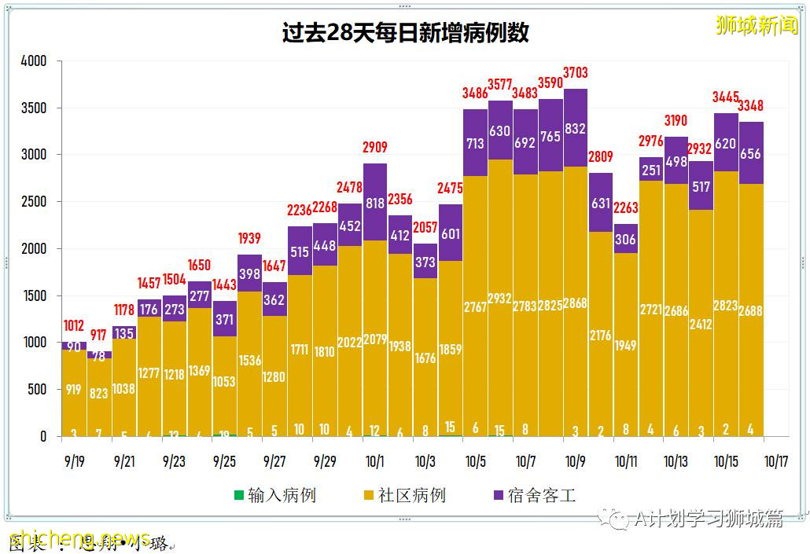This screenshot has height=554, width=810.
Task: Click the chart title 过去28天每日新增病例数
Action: point(405,33)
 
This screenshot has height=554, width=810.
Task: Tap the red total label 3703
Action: point(575,73)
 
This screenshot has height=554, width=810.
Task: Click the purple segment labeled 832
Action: point(575,129)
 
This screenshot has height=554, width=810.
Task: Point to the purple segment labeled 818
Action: point(375,203)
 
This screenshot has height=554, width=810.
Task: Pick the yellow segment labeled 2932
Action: point(500,299)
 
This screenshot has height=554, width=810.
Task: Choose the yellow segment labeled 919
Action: point(74,389)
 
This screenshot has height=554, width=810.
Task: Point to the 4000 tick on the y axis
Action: point(34,61)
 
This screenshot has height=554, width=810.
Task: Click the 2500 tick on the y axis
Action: point(34,202)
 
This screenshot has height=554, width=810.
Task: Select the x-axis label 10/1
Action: point(375,461)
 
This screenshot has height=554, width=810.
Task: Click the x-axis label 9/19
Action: point(74,461)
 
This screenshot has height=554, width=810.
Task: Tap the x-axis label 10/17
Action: point(776,461)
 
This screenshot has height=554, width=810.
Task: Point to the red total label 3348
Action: point(750,106)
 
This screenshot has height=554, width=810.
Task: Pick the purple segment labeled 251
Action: point(650,171)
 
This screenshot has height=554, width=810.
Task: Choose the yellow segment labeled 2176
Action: point(600,335)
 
